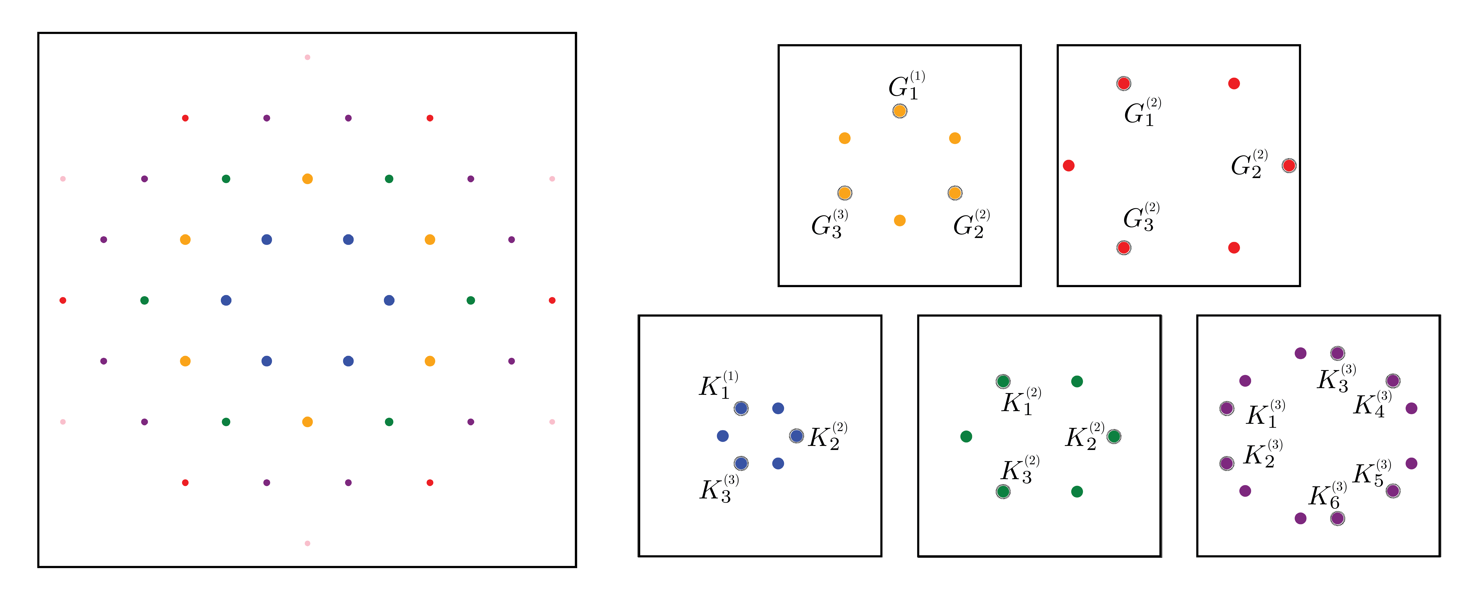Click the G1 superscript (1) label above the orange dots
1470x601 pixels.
[906, 86]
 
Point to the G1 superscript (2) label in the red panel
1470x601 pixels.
[1142, 112]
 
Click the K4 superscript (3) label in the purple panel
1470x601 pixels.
[1372, 405]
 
